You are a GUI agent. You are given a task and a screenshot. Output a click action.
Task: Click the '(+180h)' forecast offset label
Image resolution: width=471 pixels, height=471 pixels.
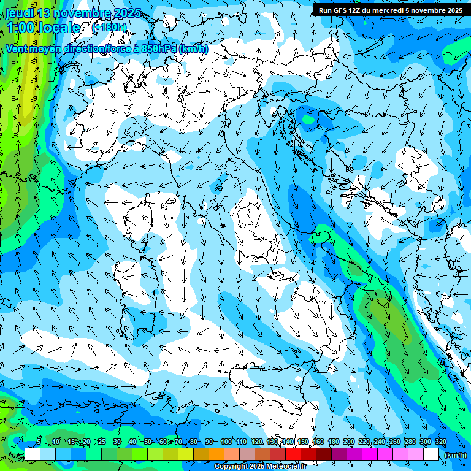pyautogui.click(x=109, y=28)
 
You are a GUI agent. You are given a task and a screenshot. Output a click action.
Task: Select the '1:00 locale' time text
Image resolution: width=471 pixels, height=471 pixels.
pyautogui.click(x=43, y=28)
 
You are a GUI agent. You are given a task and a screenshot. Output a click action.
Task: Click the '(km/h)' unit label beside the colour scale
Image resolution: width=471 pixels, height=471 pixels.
pyautogui.click(x=454, y=455)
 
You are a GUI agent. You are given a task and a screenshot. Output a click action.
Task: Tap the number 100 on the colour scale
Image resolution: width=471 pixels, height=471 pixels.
pyautogui.click(x=226, y=442)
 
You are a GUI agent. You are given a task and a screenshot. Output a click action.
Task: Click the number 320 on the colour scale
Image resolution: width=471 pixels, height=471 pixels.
pyautogui.click(x=440, y=442)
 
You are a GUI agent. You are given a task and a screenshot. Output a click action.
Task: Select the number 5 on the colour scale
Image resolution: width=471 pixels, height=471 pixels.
pyautogui.click(x=39, y=442)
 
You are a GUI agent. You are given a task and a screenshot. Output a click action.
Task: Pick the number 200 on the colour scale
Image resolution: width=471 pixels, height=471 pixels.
pyautogui.click(x=349, y=442)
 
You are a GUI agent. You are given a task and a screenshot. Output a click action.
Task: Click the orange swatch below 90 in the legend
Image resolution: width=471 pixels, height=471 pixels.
pyautogui.click(x=216, y=454)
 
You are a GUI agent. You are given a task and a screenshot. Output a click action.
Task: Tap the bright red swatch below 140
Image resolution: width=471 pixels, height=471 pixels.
pyautogui.click(x=293, y=454)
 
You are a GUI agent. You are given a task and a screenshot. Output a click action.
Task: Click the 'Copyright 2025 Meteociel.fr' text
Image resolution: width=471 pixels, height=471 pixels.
pyautogui.click(x=261, y=467)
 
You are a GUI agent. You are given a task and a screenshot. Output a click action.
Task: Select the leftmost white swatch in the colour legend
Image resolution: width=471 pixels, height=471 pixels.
pyautogui.click(x=33, y=454)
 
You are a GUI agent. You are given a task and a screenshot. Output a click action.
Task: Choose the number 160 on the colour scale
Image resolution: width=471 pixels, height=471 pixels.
pyautogui.click(x=318, y=442)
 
